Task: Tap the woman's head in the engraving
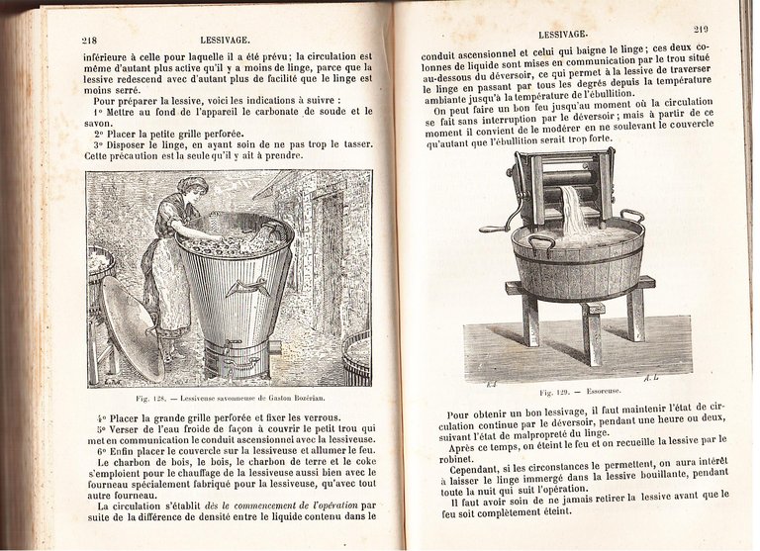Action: [192, 186]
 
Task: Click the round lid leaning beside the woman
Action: [133, 327]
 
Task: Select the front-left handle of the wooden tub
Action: [540, 240]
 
